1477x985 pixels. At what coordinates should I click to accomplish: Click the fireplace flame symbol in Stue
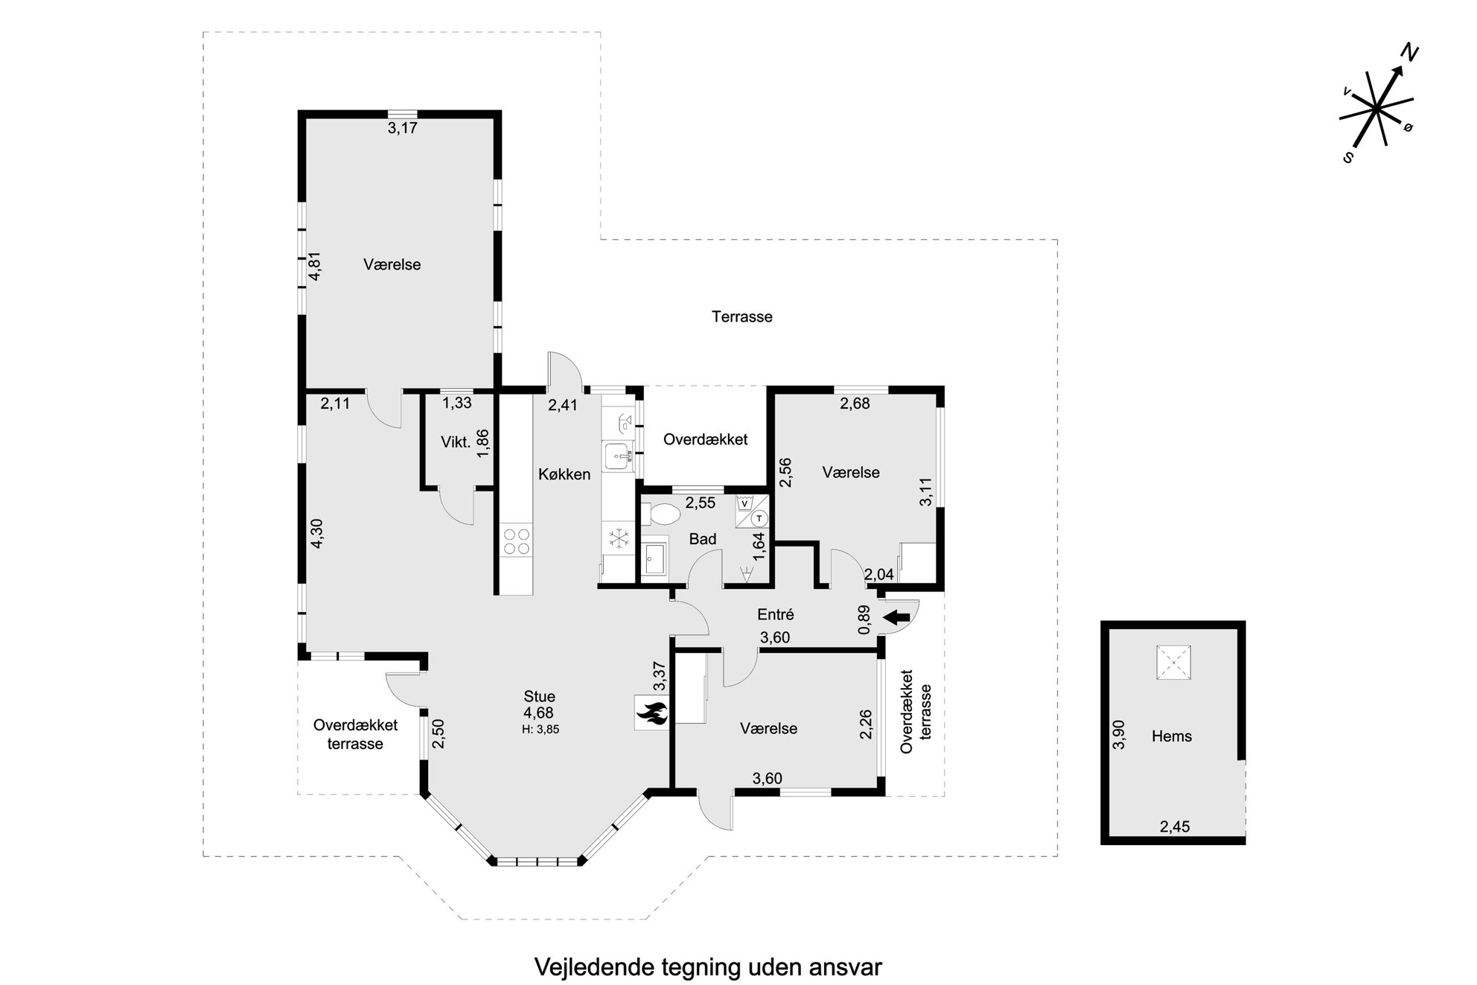tap(651, 713)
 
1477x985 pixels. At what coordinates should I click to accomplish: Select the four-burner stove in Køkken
tap(517, 541)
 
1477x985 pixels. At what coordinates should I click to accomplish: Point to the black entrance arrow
tap(898, 616)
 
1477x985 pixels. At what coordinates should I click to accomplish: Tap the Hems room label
tap(1172, 736)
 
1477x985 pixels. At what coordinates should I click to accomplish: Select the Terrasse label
tap(742, 316)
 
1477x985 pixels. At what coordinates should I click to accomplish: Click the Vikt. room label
tap(456, 442)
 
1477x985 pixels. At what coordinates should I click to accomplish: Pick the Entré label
tap(776, 614)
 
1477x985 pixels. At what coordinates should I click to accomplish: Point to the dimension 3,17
tap(403, 128)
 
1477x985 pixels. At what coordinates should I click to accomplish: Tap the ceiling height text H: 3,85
tap(540, 730)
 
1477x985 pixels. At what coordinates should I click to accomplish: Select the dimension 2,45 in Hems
tap(1175, 826)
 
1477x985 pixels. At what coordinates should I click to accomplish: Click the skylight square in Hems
tap(1173, 662)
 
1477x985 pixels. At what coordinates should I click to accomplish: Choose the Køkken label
tap(564, 474)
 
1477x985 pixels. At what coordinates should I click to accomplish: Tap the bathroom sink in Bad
tap(656, 559)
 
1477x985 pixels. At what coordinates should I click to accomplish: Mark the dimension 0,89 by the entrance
tap(864, 619)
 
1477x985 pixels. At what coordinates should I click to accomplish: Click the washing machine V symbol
tap(744, 503)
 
